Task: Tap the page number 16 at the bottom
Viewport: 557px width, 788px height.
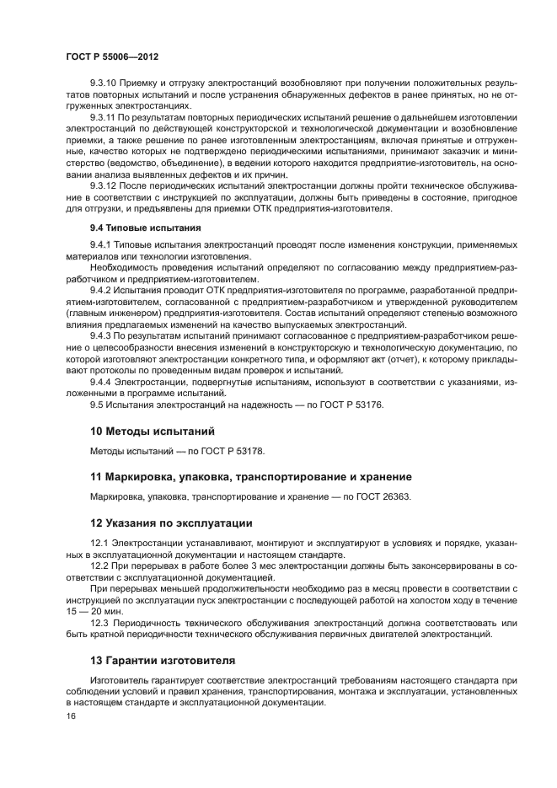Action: [x=70, y=716]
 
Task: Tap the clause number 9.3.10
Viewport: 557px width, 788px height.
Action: [x=104, y=84]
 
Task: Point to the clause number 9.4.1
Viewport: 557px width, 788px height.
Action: [x=101, y=245]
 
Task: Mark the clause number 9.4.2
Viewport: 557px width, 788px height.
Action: [x=101, y=289]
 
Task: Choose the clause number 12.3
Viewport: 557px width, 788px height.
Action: [x=99, y=623]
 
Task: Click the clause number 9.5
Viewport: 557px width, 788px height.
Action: [x=96, y=404]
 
